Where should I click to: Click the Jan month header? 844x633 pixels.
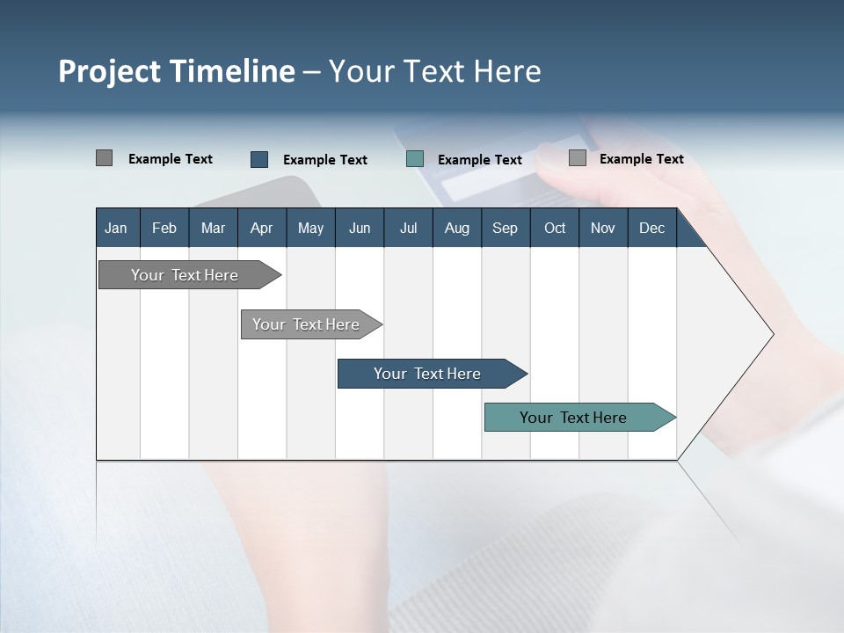pyautogui.click(x=116, y=228)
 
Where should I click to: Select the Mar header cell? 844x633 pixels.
pyautogui.click(x=213, y=228)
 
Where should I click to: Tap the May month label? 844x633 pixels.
pyautogui.click(x=310, y=228)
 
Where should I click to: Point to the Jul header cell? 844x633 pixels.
pyautogui.click(x=408, y=228)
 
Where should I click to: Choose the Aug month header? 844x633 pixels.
pyautogui.click(x=456, y=228)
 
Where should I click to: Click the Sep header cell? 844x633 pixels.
pyautogui.click(x=505, y=228)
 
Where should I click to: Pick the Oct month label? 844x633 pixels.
pyautogui.click(x=555, y=228)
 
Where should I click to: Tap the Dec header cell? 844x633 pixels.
pyautogui.click(x=651, y=228)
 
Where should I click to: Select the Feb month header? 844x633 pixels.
pyautogui.click(x=164, y=228)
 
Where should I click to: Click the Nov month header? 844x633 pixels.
pyautogui.click(x=602, y=228)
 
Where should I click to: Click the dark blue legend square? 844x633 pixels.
pyautogui.click(x=259, y=159)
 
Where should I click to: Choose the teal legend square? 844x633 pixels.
pyautogui.click(x=415, y=159)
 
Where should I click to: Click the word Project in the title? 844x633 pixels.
pyautogui.click(x=109, y=71)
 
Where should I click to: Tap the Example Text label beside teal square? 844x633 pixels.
pyautogui.click(x=479, y=160)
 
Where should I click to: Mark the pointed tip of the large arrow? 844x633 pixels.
pyautogui.click(x=772, y=334)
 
